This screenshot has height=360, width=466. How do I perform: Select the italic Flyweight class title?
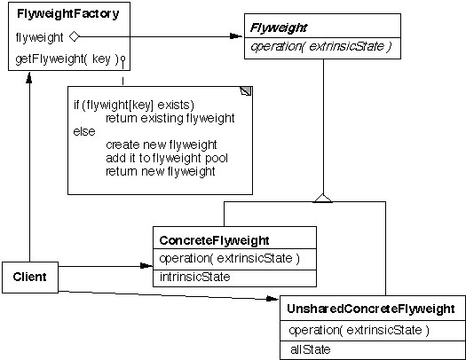(279, 27)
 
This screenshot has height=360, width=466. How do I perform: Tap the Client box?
(29, 278)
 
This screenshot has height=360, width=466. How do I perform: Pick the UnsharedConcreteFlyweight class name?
(371, 309)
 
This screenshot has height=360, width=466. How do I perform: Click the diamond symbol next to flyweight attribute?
(75, 37)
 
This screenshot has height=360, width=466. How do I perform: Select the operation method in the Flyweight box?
(322, 46)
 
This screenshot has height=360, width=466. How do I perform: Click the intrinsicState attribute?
(194, 278)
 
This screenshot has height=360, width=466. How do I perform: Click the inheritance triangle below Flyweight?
(323, 197)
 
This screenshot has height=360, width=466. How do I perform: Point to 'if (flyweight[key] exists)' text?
(133, 106)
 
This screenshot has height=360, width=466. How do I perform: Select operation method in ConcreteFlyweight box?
(229, 259)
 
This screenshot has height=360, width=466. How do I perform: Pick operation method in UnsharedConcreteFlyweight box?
(359, 330)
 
